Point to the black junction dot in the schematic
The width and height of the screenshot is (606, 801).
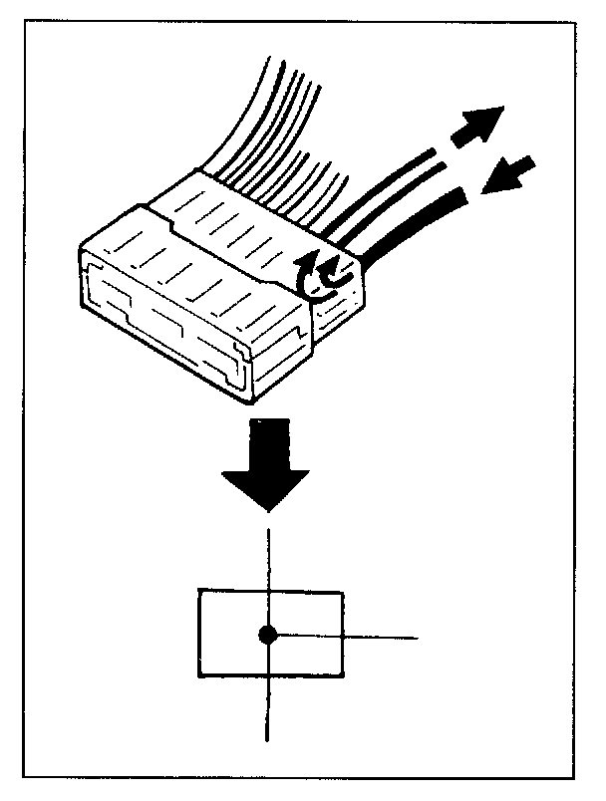pyautogui.click(x=267, y=635)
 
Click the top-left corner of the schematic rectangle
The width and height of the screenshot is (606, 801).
pyautogui.click(x=199, y=592)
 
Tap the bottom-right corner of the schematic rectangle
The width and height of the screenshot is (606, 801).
pyautogui.click(x=344, y=678)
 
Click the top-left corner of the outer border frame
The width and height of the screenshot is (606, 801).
pyautogui.click(x=23, y=23)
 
